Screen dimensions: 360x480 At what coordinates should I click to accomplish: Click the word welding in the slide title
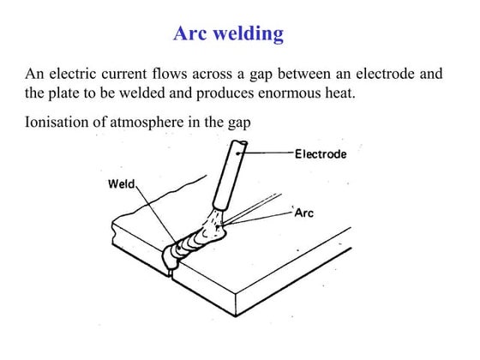point(248,34)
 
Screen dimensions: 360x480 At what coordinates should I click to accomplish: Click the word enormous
point(321,93)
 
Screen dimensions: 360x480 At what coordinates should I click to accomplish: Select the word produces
point(260,93)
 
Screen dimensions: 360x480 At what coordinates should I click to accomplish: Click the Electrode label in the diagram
point(321,155)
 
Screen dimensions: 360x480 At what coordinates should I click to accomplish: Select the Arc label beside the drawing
point(304,213)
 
